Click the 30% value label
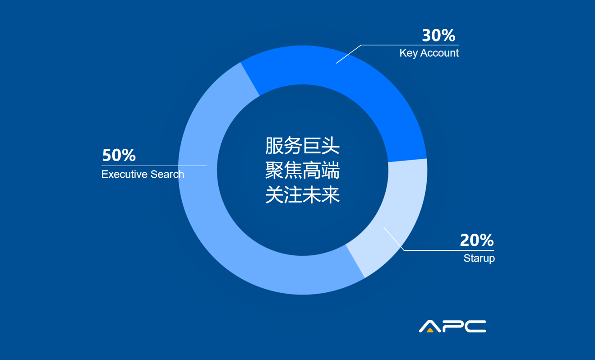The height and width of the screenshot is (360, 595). (438, 35)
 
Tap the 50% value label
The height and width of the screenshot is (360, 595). (119, 155)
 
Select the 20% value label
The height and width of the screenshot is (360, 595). (477, 240)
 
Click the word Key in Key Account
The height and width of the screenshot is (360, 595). (409, 53)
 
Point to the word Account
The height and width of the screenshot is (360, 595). (439, 53)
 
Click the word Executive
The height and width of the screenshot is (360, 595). (125, 174)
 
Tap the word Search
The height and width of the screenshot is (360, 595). (167, 174)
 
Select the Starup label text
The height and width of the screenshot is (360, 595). (479, 258)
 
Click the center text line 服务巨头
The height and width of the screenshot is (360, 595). (303, 146)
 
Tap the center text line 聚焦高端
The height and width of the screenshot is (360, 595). (303, 170)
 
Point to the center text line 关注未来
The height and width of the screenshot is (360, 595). (303, 195)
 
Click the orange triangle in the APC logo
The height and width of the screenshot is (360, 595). (430, 330)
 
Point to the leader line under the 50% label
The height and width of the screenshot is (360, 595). (154, 166)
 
